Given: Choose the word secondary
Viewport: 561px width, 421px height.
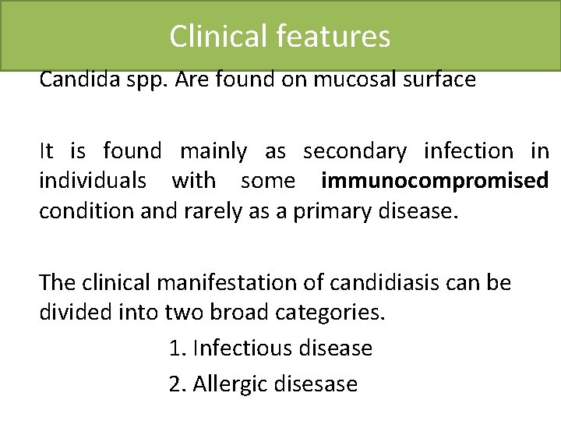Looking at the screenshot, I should [x=355, y=151].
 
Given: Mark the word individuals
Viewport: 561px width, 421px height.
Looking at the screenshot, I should [x=93, y=181].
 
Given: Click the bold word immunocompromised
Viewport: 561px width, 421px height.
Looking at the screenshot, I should [x=434, y=181].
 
